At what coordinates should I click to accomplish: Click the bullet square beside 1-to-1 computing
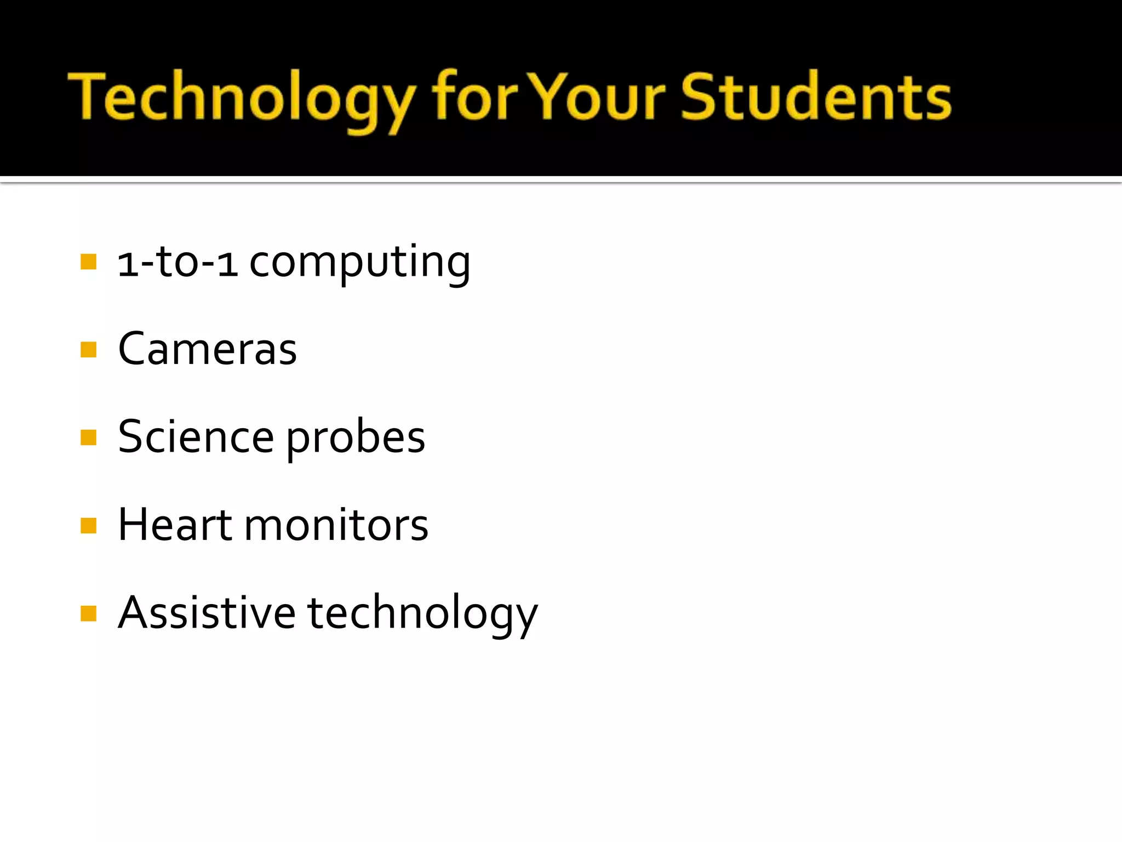(88, 261)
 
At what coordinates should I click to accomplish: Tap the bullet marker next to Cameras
(88, 349)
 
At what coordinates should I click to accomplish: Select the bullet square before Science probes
(88, 437)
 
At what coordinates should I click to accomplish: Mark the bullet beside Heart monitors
(88, 525)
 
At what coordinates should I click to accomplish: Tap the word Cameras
(207, 349)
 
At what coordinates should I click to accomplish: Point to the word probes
(356, 440)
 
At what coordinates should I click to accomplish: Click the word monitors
(336, 526)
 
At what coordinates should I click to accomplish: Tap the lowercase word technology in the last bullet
(422, 615)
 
